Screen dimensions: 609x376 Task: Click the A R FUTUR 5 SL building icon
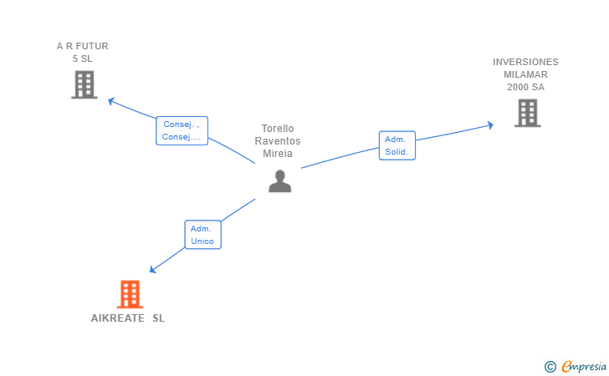tap(84, 84)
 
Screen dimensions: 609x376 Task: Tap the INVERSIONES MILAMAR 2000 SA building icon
tap(527, 113)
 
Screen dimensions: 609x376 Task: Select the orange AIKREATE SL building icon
tap(129, 294)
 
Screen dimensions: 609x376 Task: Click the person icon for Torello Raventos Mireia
tap(279, 181)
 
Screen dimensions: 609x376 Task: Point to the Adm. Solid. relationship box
tap(397, 145)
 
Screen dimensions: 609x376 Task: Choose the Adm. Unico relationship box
tap(202, 235)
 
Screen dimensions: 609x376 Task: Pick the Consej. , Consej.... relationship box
tap(182, 130)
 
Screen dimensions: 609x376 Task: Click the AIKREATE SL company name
tap(128, 318)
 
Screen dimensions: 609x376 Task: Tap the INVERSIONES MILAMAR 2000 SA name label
tap(525, 74)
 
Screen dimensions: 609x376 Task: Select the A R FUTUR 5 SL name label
tap(82, 53)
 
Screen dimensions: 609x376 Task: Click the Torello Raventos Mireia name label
tap(278, 141)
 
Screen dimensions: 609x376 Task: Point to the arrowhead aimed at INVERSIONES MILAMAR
tap(489, 125)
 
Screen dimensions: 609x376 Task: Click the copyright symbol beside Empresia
tap(550, 366)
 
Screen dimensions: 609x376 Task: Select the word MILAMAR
tap(525, 74)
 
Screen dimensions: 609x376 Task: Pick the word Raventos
tap(278, 141)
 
